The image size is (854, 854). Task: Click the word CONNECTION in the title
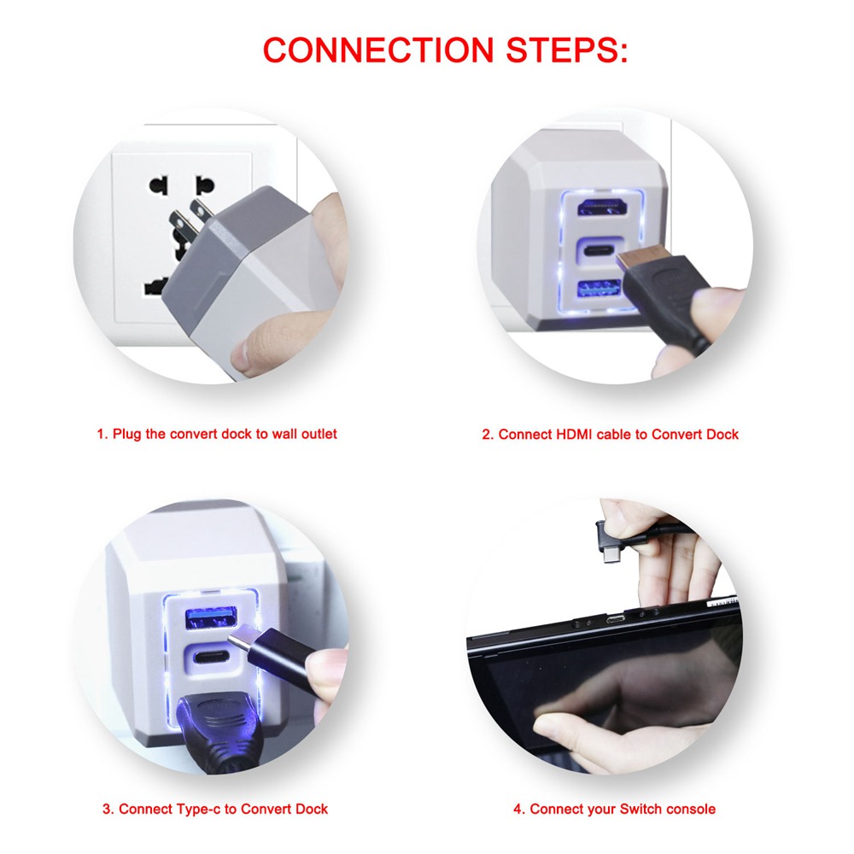click(x=378, y=50)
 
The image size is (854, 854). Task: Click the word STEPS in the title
click(x=567, y=50)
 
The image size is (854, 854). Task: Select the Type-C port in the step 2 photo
click(x=600, y=251)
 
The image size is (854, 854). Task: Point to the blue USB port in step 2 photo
click(x=600, y=289)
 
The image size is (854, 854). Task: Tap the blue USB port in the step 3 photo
click(x=211, y=617)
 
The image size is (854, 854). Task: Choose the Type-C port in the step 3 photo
click(x=210, y=656)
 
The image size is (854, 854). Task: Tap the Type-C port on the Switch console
click(x=617, y=619)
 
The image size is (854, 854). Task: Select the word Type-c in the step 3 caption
click(x=196, y=809)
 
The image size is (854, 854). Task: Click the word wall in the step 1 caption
click(x=284, y=434)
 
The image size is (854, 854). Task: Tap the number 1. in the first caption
click(x=102, y=434)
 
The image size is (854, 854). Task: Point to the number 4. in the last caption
click(x=519, y=809)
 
